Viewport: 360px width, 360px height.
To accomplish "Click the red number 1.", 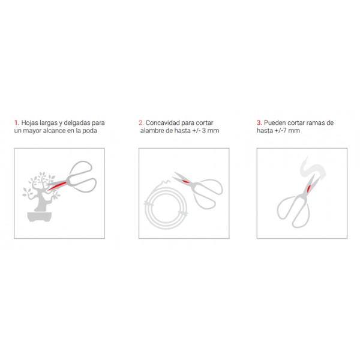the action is pos(17,123).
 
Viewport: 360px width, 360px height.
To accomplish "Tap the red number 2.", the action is pos(141,123).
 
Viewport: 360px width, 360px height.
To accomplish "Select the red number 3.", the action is pos(259,123).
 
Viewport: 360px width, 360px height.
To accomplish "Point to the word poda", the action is pos(90,131).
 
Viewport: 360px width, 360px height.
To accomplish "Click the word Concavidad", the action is pos(163,123).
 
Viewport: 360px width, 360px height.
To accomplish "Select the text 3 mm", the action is pos(211,131).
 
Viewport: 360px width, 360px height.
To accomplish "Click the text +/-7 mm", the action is pos(287,131).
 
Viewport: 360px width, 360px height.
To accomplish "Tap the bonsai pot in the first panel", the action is pos(40,217).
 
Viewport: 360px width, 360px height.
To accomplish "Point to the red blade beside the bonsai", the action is pos(56,186).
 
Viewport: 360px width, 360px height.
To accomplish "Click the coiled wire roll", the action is pos(166,206).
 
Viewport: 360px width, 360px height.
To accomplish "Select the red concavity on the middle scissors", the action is pos(185,182).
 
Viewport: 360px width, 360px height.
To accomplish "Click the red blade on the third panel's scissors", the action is pos(308,188).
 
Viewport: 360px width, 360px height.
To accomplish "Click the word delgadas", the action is pos(77,123).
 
